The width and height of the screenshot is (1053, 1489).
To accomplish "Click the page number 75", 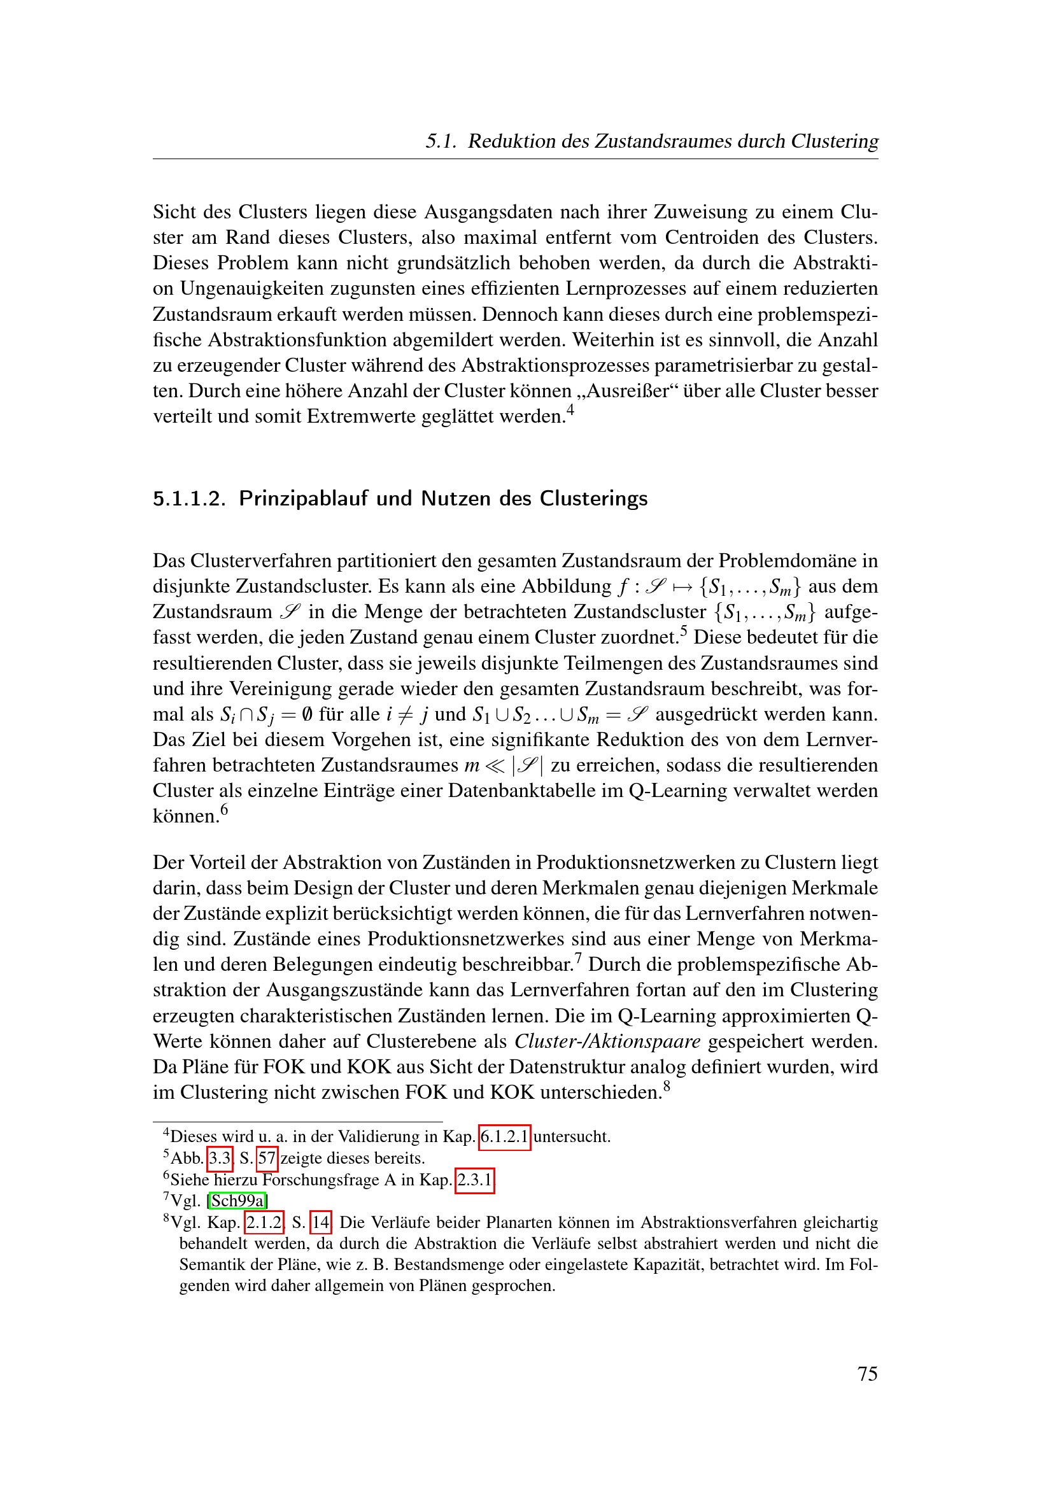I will (867, 1373).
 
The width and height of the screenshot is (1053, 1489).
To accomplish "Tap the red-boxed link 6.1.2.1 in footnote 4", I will (504, 1137).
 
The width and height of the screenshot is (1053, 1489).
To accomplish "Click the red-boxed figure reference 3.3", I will (220, 1158).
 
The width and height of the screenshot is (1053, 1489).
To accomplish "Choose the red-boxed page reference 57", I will (267, 1158).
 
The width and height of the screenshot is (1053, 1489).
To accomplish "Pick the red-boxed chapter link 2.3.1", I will (475, 1180).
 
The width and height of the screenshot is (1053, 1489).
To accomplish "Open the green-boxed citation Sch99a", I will (237, 1201).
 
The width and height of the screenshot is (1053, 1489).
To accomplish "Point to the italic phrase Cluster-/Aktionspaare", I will (607, 1041).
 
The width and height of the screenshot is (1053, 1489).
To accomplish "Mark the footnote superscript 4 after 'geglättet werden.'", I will (570, 410).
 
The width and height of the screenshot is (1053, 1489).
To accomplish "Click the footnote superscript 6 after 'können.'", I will (224, 809).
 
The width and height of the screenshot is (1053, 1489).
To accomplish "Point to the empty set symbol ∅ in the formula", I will (307, 715).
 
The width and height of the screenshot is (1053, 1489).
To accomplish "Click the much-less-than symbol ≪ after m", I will (495, 766).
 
